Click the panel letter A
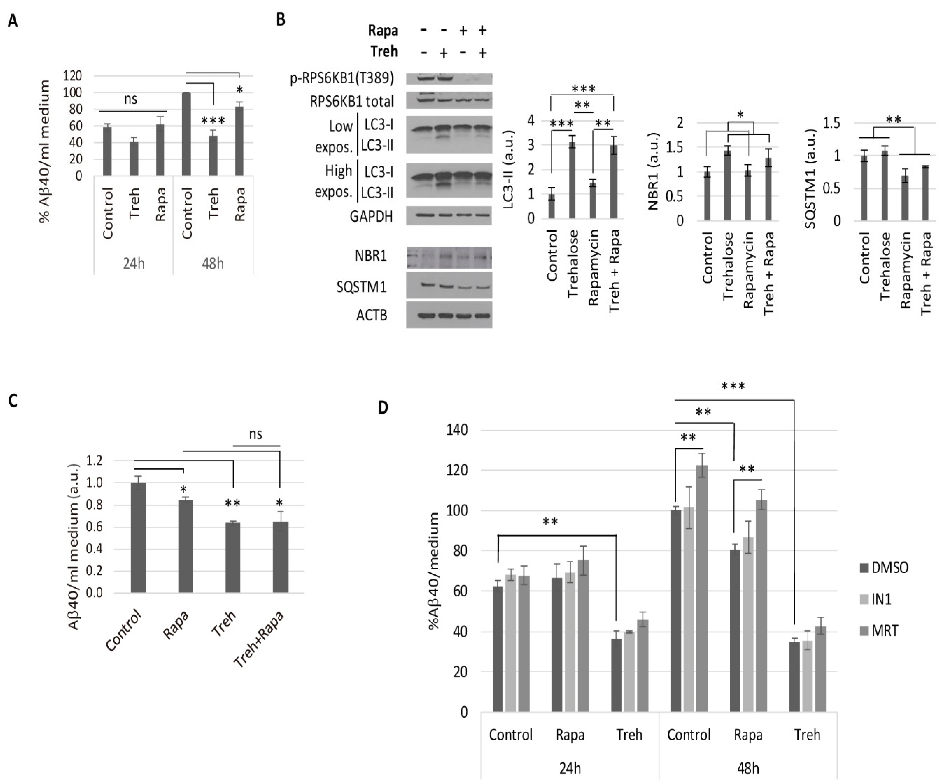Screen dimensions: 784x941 (12, 21)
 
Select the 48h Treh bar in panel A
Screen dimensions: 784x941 (213, 155)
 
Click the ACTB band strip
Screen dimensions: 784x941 (449, 315)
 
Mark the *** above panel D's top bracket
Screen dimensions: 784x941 (733, 386)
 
